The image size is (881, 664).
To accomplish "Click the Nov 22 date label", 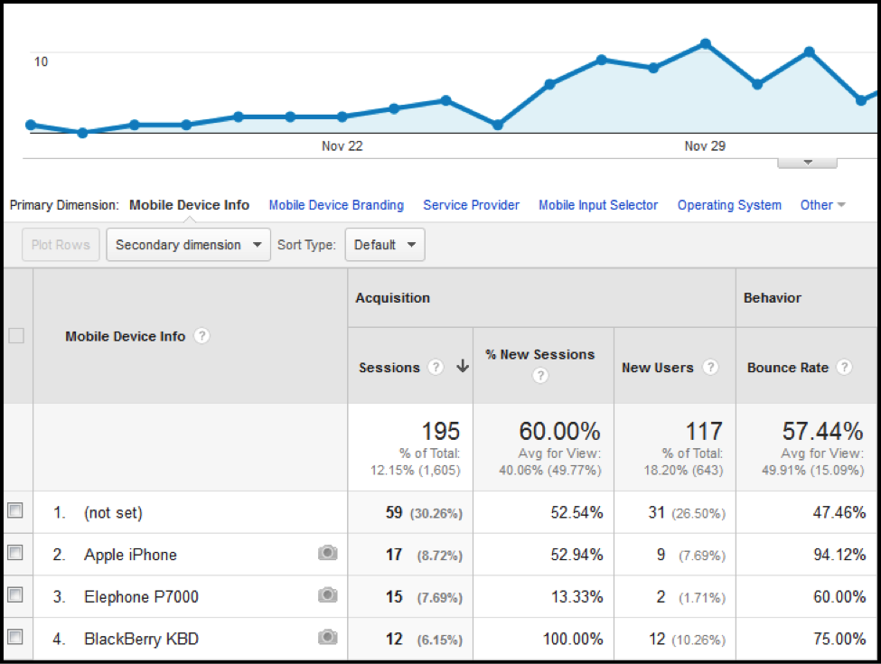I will click(x=342, y=146).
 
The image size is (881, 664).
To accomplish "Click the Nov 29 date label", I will click(x=705, y=146).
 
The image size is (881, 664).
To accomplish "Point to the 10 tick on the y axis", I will click(x=41, y=61).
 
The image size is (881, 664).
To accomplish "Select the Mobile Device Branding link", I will click(x=336, y=205).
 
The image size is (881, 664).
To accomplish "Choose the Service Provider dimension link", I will click(x=471, y=205).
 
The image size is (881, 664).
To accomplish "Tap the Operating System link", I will click(x=729, y=205).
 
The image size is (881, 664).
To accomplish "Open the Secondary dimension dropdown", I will click(x=188, y=245).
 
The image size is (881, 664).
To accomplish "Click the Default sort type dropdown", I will click(x=385, y=245).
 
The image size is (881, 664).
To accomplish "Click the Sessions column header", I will click(x=389, y=368).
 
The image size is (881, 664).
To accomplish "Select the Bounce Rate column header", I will click(x=788, y=368).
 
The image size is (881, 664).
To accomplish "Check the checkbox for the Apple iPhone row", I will click(x=14, y=554).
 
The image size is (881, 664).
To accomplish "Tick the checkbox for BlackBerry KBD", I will click(x=14, y=639).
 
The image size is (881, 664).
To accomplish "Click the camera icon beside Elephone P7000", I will click(x=327, y=596).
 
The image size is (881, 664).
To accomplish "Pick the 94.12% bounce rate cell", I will click(x=839, y=555).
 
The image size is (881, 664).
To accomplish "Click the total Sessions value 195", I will click(x=440, y=432).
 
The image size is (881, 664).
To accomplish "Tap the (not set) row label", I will click(x=113, y=512).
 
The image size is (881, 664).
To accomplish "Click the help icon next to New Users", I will click(x=710, y=368).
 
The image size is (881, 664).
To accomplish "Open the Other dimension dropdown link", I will click(x=822, y=205).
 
